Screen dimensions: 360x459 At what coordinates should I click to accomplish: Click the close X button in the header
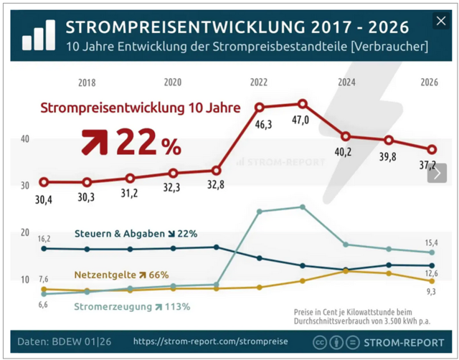coord(440,22)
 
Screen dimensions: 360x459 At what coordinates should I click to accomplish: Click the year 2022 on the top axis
coord(259,82)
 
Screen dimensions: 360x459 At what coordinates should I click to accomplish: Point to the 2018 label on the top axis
coord(87,82)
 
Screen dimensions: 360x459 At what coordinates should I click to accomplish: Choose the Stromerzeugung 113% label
coord(133,307)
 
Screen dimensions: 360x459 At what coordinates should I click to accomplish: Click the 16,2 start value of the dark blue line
coord(43,238)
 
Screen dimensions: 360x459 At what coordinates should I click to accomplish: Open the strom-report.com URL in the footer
coord(210,341)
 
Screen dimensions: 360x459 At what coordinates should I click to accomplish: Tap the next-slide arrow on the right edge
coord(437,173)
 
